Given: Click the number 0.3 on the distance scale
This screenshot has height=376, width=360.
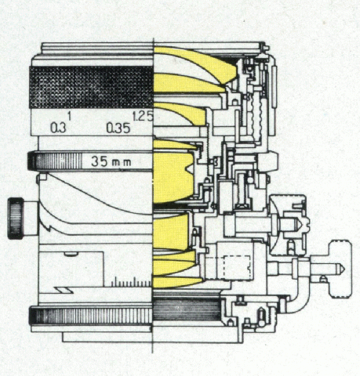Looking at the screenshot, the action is pyautogui.click(x=58, y=128).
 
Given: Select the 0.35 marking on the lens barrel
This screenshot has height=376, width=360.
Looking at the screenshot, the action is pyautogui.click(x=118, y=128).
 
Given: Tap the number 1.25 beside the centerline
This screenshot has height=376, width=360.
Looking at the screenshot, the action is pyautogui.click(x=143, y=117).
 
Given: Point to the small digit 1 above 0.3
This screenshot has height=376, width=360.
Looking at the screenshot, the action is pyautogui.click(x=70, y=116).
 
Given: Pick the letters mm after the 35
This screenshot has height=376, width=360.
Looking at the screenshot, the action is pyautogui.click(x=122, y=163).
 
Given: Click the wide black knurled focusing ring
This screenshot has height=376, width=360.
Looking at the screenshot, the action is pyautogui.click(x=91, y=87).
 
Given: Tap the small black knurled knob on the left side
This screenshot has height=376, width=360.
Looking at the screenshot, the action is pyautogui.click(x=16, y=219).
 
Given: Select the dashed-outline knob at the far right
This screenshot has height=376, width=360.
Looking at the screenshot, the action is pyautogui.click(x=340, y=269).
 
